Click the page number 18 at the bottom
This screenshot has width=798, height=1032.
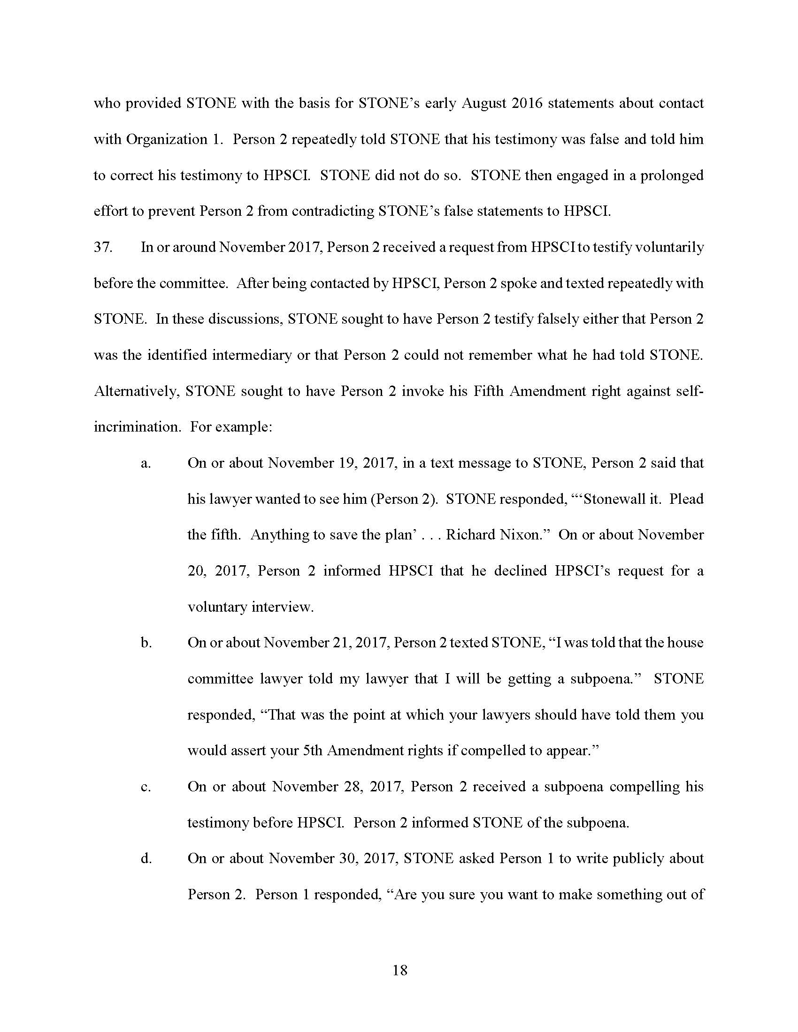click(x=399, y=971)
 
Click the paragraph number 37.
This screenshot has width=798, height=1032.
click(x=103, y=247)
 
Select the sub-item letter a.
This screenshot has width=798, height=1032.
click(x=146, y=463)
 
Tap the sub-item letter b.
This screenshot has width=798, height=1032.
click(x=146, y=643)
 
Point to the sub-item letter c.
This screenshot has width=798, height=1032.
click(x=146, y=787)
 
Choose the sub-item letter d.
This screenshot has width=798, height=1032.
click(x=146, y=858)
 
